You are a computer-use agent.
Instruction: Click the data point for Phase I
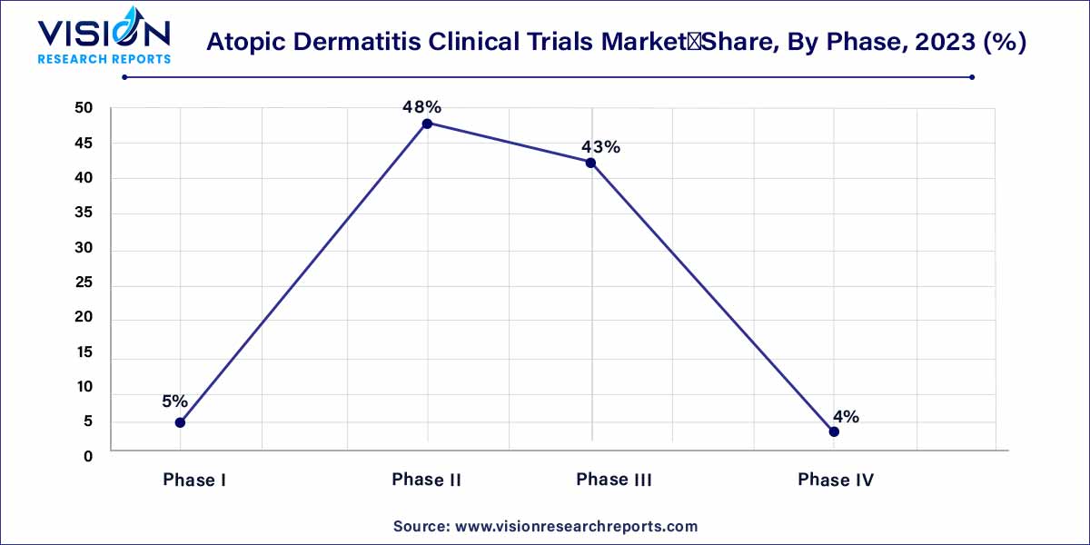(x=180, y=422)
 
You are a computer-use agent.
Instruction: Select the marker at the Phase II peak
(x=427, y=123)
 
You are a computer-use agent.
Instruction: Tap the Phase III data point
(x=590, y=163)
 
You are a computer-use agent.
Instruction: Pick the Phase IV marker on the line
(x=834, y=431)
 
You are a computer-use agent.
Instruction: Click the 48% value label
(x=421, y=107)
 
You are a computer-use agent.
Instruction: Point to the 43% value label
(x=600, y=146)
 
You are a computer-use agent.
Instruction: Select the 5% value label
(x=174, y=401)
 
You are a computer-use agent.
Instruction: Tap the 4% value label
(x=846, y=417)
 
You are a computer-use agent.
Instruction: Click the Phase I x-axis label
(x=194, y=480)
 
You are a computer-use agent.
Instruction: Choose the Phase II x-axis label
(x=427, y=480)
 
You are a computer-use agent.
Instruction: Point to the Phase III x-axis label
(x=614, y=480)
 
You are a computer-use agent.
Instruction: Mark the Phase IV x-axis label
(x=836, y=480)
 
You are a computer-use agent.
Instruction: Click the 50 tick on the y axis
(x=84, y=109)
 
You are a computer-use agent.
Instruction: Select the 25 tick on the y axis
(x=84, y=283)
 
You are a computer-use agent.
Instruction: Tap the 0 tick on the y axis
(x=88, y=456)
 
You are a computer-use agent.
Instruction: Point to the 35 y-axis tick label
(x=84, y=214)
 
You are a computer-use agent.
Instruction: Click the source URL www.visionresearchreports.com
(x=575, y=526)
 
